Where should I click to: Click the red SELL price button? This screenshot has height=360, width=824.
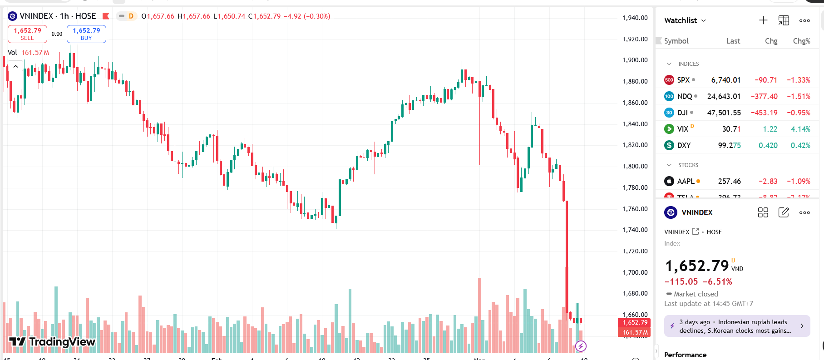tap(27, 34)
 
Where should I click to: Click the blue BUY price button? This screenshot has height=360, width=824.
tap(86, 34)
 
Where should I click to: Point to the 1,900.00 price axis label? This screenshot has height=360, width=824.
tap(635, 60)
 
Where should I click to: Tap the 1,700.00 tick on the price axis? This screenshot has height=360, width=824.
tap(635, 272)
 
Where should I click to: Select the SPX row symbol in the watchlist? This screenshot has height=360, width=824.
tap(683, 80)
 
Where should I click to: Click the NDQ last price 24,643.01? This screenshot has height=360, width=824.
tap(724, 96)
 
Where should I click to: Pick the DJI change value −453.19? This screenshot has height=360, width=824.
tap(764, 113)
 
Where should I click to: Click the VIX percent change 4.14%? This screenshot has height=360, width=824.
tap(800, 129)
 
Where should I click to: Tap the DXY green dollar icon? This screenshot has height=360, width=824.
tap(669, 145)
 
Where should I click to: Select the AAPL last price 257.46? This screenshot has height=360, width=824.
tap(729, 181)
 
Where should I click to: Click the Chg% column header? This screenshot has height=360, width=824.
tap(801, 41)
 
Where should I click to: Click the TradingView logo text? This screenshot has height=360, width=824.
tap(53, 342)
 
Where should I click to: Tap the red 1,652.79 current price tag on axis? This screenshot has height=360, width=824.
tap(634, 323)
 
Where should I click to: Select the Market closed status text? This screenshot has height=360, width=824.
tap(696, 294)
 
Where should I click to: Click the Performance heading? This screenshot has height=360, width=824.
tap(685, 355)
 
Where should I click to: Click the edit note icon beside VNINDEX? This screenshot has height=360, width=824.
tap(784, 212)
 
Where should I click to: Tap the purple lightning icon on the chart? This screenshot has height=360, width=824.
tap(581, 346)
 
